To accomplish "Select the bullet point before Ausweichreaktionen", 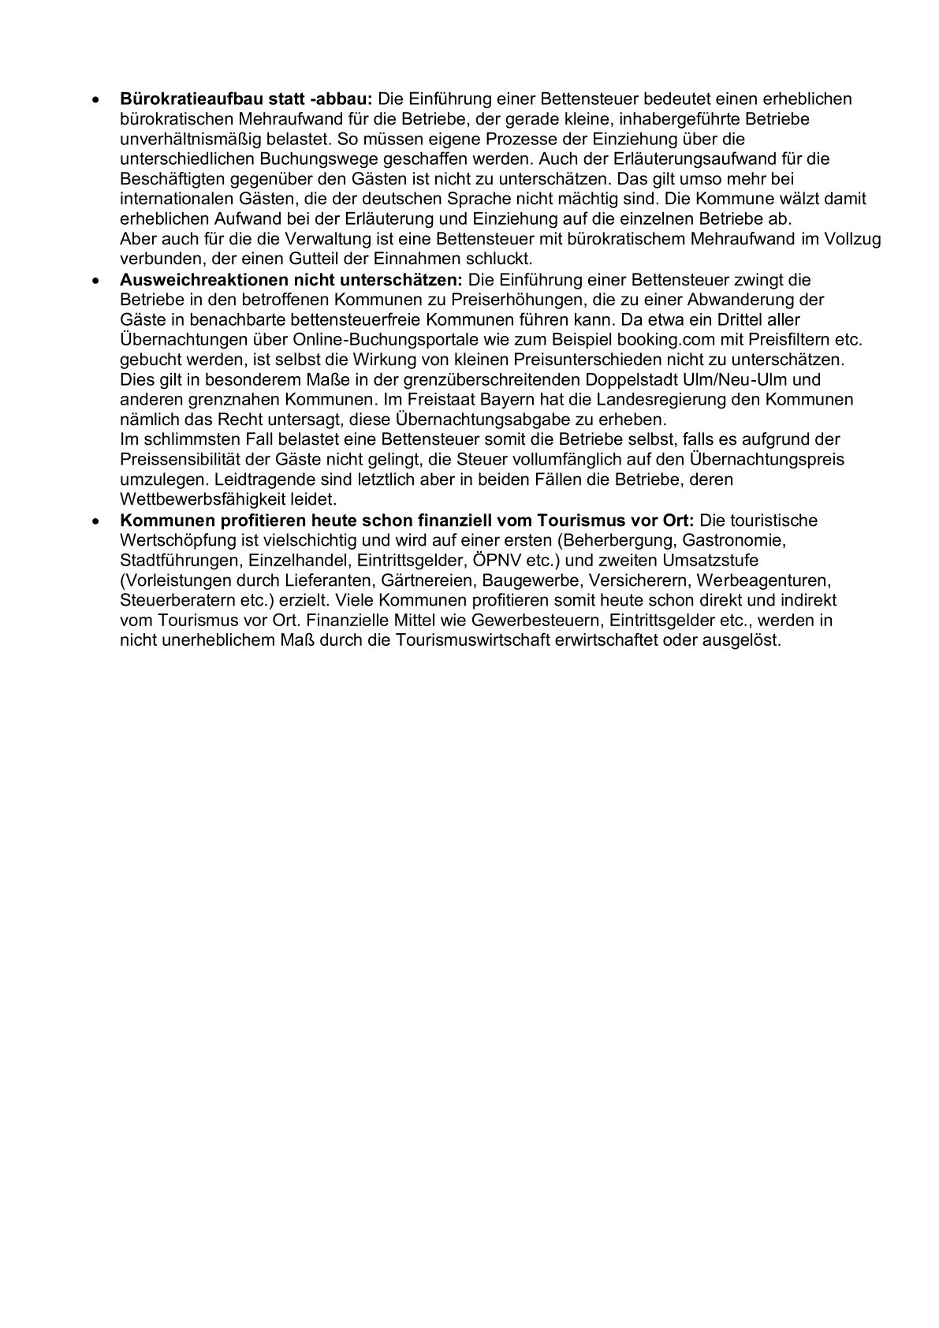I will (x=95, y=280).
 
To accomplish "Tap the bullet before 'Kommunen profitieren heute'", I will (x=95, y=520).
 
